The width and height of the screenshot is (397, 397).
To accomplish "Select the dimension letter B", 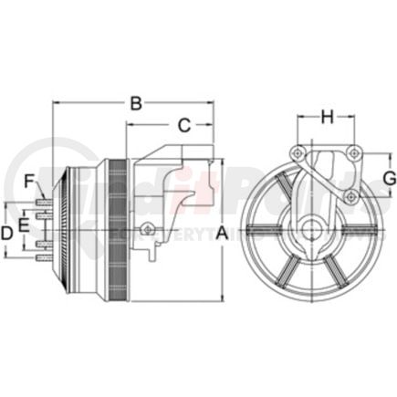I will click(x=136, y=103).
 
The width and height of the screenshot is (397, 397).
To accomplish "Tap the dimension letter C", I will click(x=183, y=124).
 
